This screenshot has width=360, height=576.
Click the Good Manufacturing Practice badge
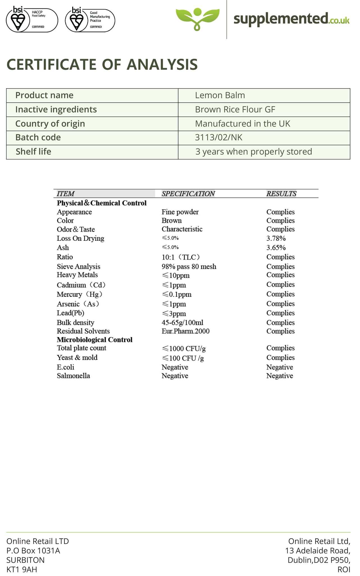coord(90,20)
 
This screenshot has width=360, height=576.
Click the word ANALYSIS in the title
coord(162,64)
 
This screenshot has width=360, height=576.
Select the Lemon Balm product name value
coord(220,95)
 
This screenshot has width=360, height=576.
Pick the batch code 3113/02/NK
coord(219,138)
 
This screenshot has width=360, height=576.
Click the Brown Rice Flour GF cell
coord(235,109)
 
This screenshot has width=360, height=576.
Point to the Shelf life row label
coord(33,152)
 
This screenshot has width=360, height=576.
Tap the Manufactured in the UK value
coord(243,124)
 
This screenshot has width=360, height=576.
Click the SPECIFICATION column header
coord(188,193)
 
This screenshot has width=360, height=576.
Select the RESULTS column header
coord(281,193)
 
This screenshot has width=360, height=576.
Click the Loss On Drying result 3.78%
coord(276,238)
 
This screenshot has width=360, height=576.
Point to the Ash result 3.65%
coord(276,248)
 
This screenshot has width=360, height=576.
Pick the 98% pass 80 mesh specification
coord(189,267)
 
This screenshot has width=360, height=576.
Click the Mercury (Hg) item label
coord(80,294)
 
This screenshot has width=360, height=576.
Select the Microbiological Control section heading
coord(94,340)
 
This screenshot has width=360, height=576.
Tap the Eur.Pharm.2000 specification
coord(185,331)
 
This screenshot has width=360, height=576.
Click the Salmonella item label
coord(73,376)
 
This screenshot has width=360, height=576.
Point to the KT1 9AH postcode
coord(22,570)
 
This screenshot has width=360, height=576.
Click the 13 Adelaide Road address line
coord(318,550)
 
